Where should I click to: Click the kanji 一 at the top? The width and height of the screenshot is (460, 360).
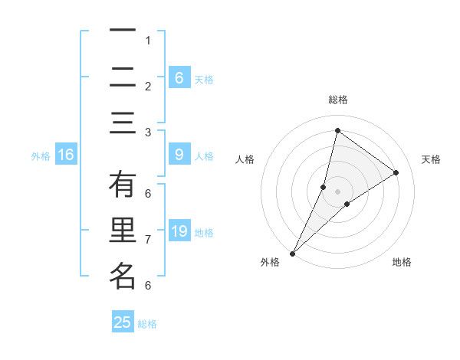(x=123, y=31)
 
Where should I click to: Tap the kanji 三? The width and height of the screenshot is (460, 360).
(x=123, y=123)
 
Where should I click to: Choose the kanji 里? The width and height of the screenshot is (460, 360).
(x=123, y=231)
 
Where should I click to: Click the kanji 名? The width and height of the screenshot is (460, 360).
(x=123, y=277)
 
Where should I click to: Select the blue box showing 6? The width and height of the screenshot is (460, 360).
(x=179, y=77)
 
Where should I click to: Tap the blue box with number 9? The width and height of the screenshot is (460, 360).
(x=179, y=155)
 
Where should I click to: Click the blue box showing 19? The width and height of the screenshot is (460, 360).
(x=179, y=231)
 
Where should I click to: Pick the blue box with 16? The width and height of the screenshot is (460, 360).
(x=66, y=155)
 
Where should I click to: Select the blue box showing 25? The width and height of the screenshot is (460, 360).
(x=123, y=322)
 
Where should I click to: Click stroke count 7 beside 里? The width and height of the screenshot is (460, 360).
(x=147, y=240)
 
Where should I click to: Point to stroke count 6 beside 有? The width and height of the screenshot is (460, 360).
(x=147, y=193)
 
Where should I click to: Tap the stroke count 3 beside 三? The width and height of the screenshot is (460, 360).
(x=147, y=132)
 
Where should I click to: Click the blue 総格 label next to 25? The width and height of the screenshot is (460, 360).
(x=147, y=324)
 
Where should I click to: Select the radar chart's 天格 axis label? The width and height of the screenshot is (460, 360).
(x=431, y=159)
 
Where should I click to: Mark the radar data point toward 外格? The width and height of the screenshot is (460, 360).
(x=292, y=253)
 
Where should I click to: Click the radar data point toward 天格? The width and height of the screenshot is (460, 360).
(x=396, y=172)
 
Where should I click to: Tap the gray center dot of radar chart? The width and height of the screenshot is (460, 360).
(x=337, y=191)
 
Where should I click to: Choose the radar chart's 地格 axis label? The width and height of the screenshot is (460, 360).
(x=402, y=263)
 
